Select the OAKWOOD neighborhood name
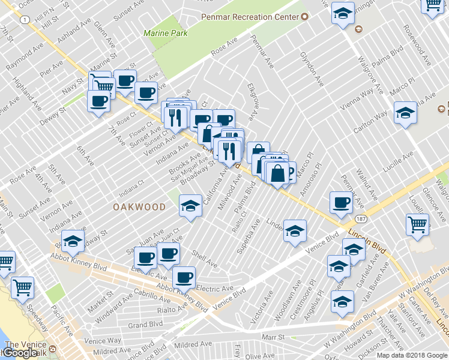pyautogui.click(x=139, y=206)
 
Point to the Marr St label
pyautogui.click(x=273, y=337)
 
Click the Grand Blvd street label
pyautogui.click(x=145, y=325)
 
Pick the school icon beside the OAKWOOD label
pyautogui.click(x=190, y=206)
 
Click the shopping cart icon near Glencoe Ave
pyautogui.click(x=417, y=224)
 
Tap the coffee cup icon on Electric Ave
pyautogui.click(x=183, y=277)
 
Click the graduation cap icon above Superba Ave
pyautogui.click(x=295, y=230)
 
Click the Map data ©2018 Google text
pyautogui.click(x=412, y=355)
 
